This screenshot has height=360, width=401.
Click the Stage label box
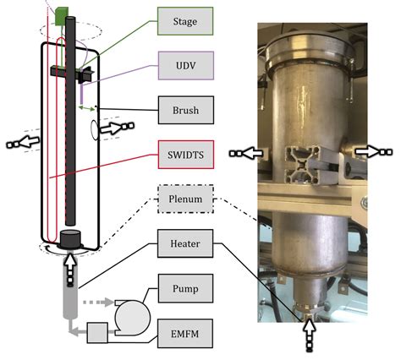[185, 21]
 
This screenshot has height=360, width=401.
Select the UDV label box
[186, 66]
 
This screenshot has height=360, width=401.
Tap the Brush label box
[186, 110]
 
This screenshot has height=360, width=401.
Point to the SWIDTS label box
[186, 155]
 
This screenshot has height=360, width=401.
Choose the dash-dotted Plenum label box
[185, 199]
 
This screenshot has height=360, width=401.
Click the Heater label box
[185, 243]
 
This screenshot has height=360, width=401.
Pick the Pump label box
[185, 288]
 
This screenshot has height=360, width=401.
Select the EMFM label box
[185, 334]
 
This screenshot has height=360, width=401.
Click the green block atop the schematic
[62, 16]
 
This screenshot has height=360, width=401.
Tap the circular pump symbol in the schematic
[132, 318]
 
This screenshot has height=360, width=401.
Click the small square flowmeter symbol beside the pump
[97, 333]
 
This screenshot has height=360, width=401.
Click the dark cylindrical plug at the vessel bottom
[70, 238]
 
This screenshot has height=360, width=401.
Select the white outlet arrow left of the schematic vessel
[23, 142]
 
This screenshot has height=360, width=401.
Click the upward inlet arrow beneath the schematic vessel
[70, 270]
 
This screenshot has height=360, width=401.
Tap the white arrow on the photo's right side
[373, 152]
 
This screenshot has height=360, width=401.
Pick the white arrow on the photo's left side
[246, 153]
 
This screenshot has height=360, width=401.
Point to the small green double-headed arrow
[86, 108]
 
